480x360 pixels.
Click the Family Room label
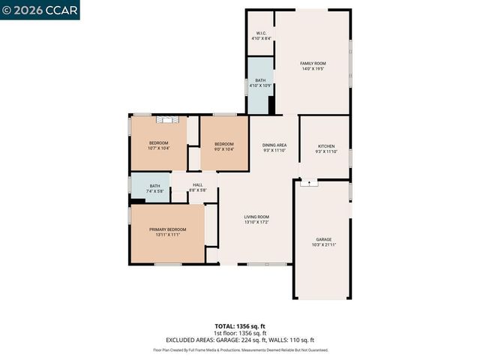[x=313, y=63]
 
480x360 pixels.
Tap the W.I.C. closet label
[x=261, y=33]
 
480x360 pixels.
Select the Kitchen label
[x=325, y=146]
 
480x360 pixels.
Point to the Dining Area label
[x=274, y=145]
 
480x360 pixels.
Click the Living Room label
[x=256, y=217]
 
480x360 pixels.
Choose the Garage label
[x=323, y=239]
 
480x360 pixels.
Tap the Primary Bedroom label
[x=167, y=229]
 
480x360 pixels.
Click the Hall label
[x=197, y=184]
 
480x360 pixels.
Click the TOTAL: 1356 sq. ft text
[x=240, y=326]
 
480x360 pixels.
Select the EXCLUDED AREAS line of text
[x=240, y=340]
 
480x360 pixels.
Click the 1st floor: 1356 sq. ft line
[x=240, y=333]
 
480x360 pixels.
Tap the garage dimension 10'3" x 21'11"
[x=323, y=244]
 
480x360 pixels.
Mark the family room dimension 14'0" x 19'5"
[x=313, y=68]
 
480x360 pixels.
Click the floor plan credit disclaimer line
[x=240, y=349]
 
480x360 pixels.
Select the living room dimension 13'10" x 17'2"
[x=256, y=222]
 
